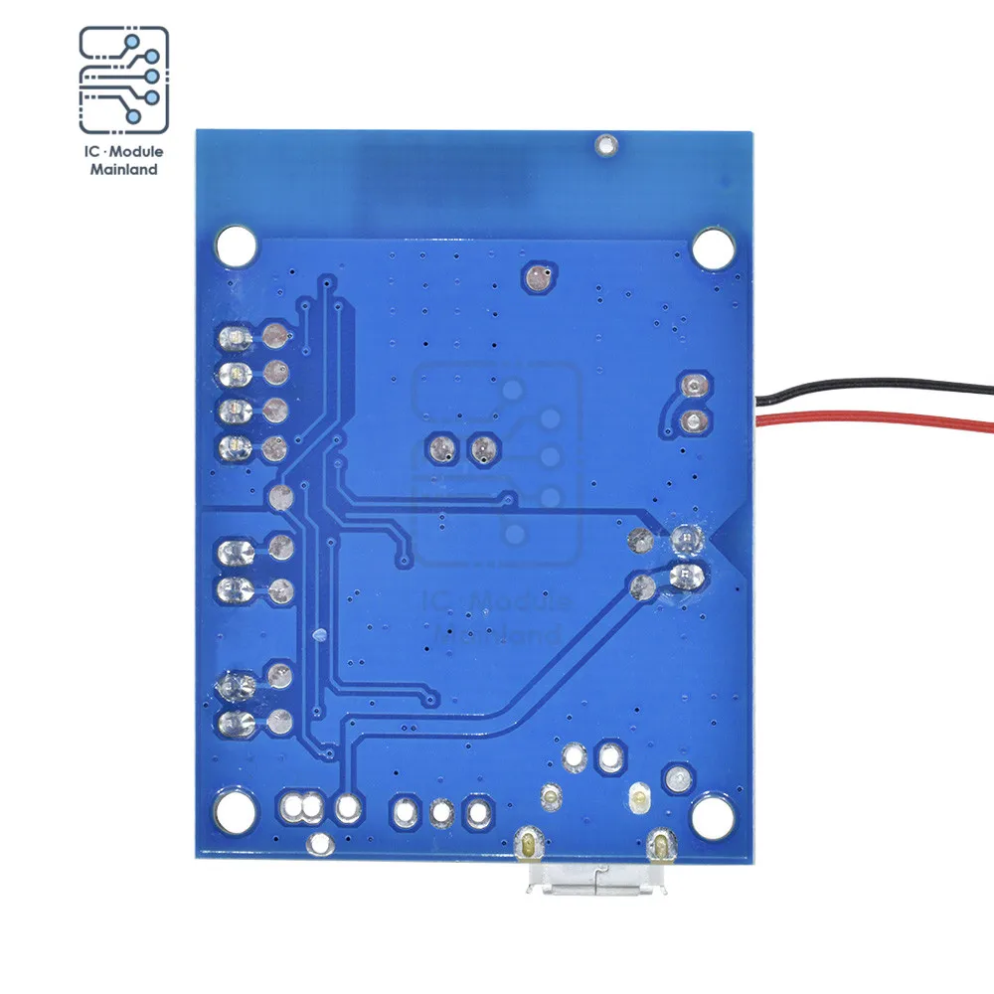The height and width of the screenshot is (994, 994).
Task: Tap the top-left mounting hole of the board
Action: [236, 241]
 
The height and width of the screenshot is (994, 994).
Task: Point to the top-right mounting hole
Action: [712, 244]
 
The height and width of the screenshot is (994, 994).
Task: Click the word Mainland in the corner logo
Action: [124, 169]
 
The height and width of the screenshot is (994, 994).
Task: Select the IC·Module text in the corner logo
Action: [124, 151]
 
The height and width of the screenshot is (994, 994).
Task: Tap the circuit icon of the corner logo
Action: [124, 82]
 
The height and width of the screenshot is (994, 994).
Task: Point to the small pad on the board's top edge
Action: [603, 145]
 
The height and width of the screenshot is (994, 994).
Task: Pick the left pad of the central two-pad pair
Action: [439, 449]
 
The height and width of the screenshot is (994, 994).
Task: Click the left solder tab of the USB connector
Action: [526, 846]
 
